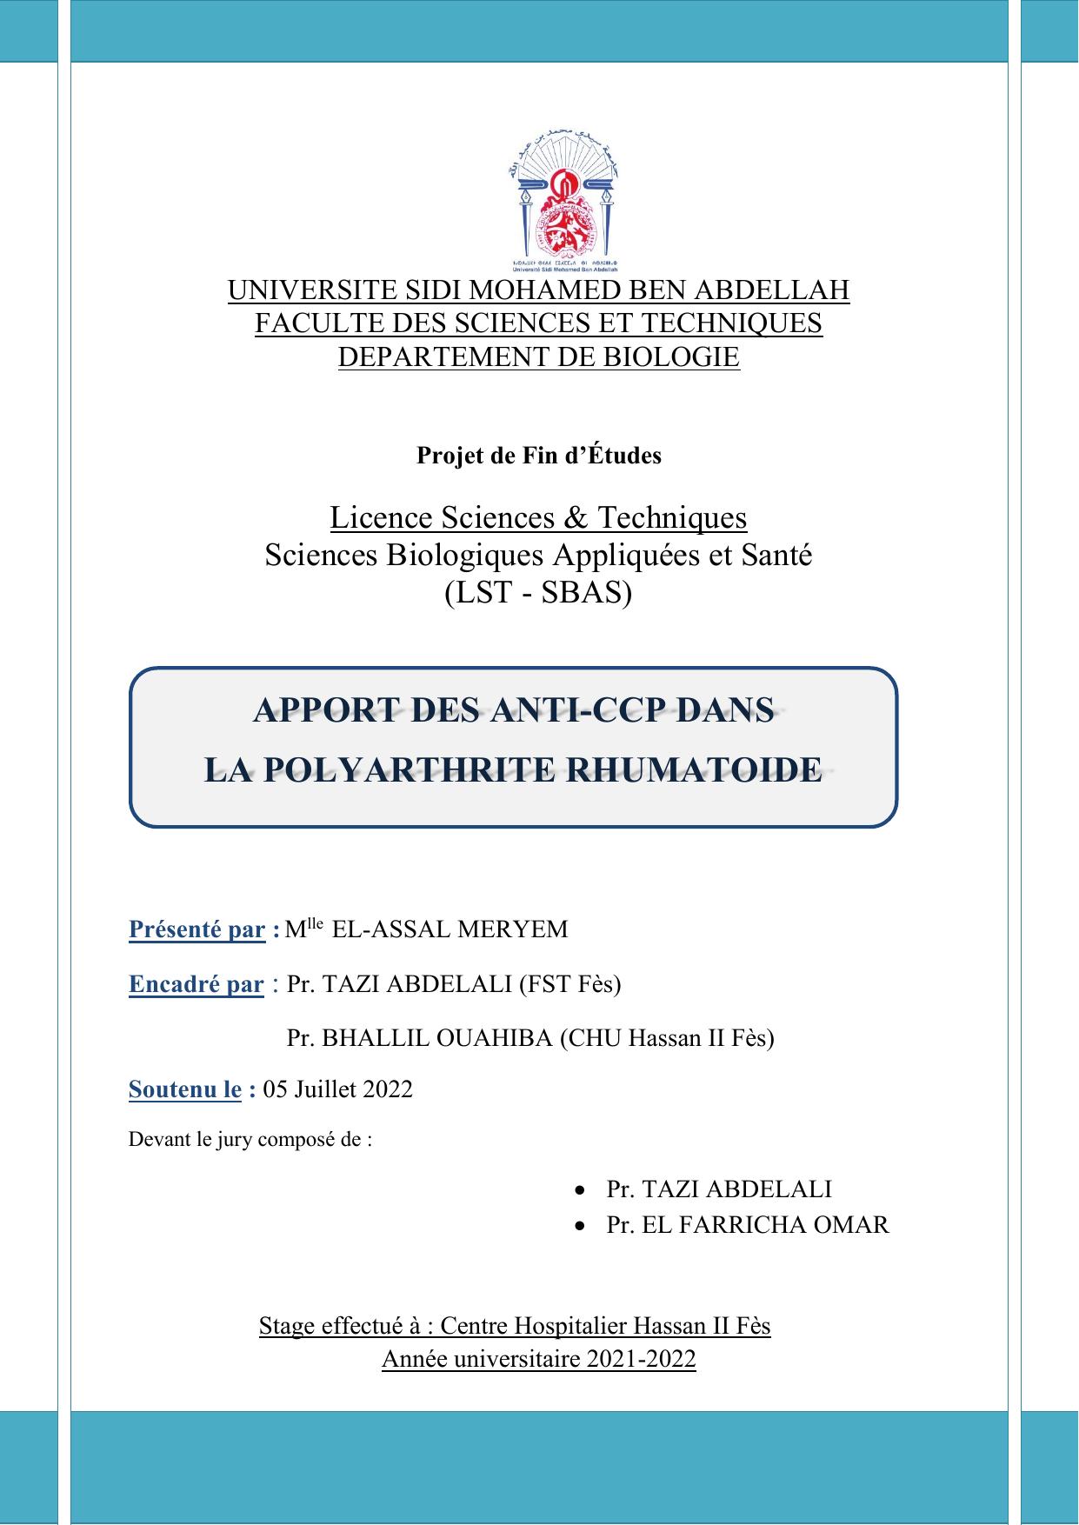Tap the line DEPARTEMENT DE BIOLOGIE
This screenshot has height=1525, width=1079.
pos(538,356)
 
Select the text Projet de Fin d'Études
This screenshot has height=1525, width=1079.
pos(538,456)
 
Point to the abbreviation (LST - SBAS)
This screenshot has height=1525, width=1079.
pos(538,593)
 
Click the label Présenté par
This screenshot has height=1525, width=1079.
pos(196,929)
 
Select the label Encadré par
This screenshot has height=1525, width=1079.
pos(196,984)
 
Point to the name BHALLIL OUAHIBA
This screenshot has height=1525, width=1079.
pos(436,1038)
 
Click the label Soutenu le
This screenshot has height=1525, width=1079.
pos(184,1089)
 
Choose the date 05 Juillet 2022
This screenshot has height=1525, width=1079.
pos(337,1089)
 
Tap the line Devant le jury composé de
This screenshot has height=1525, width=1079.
pos(250,1139)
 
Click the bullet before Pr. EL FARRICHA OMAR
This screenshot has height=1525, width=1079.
pos(580,1225)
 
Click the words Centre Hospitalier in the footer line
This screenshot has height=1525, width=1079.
pos(533,1326)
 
